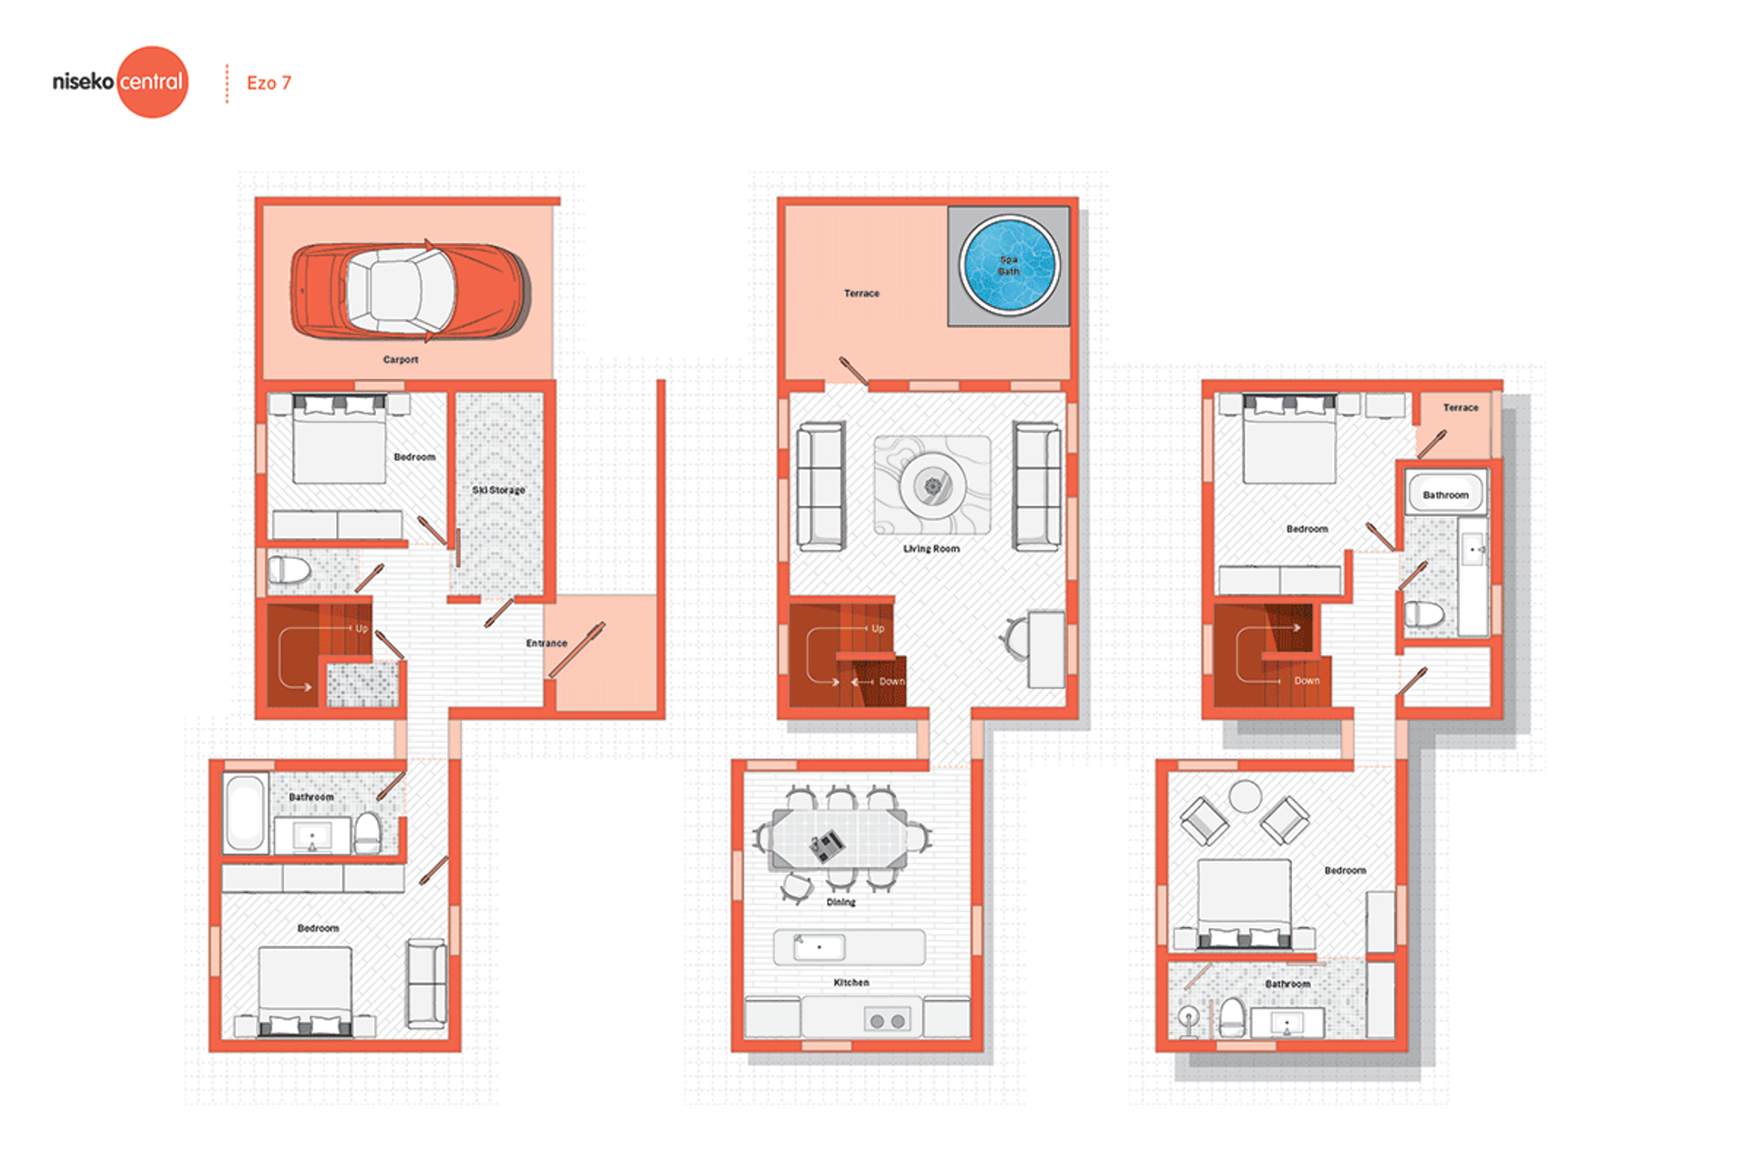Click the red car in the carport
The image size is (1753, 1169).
(410, 290)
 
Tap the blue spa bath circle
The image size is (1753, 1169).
(1009, 264)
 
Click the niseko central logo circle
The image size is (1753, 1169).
(152, 82)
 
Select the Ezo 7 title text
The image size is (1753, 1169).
(268, 83)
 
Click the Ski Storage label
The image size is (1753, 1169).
(499, 490)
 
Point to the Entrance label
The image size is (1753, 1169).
(546, 643)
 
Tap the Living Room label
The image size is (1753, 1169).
(931, 549)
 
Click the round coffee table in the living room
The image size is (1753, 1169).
(932, 486)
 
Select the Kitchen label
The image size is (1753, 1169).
(851, 983)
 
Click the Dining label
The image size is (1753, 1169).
(841, 902)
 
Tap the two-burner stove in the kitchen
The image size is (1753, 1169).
(887, 1021)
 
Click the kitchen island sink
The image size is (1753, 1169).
(819, 947)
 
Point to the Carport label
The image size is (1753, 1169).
(401, 360)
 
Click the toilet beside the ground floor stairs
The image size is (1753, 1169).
(289, 571)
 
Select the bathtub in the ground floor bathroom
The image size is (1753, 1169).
(245, 813)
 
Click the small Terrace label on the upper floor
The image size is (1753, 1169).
(1461, 407)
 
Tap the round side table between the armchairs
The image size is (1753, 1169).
(1244, 796)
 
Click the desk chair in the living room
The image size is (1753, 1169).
(1013, 637)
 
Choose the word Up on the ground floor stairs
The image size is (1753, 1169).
(362, 628)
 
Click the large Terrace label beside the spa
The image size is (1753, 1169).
(861, 293)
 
